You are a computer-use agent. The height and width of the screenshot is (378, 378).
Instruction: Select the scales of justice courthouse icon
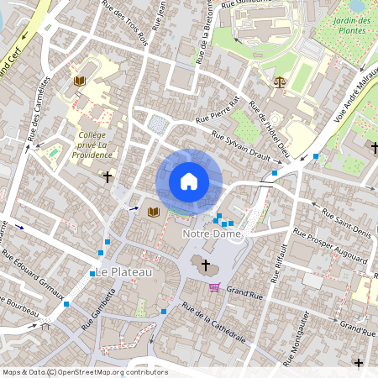pos(279,82)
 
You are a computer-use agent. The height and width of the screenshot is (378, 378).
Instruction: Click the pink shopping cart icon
pos(214,287)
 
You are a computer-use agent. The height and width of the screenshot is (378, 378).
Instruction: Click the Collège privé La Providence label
pos(92,144)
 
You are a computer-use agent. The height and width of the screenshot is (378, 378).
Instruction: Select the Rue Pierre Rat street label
pos(218,111)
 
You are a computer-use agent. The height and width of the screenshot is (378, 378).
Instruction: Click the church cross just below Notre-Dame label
pos(205,265)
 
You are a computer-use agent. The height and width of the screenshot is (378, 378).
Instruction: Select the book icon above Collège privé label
pos(80,81)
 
